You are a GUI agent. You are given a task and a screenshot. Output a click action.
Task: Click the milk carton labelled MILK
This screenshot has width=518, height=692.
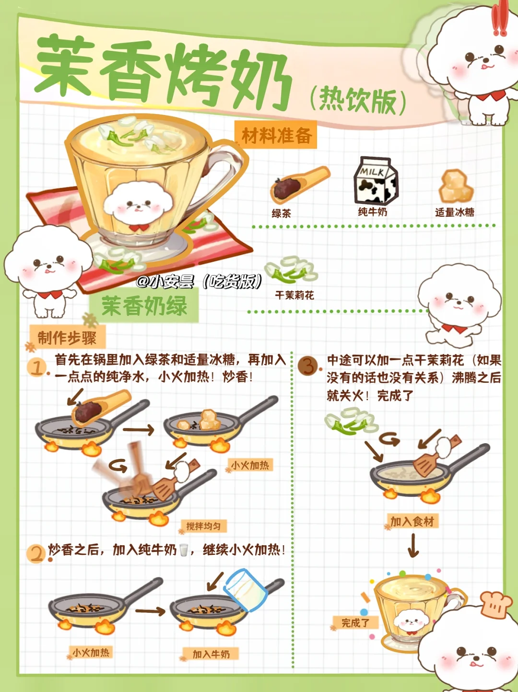(x=376, y=181)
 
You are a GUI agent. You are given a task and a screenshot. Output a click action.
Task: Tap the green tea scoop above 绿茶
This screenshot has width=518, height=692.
(x=299, y=185)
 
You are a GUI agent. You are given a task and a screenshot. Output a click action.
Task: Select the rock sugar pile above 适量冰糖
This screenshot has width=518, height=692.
(x=456, y=186)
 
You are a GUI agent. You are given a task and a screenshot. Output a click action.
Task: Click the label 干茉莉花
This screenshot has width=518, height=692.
(x=294, y=295)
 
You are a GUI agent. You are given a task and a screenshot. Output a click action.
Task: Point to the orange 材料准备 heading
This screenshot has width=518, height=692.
(x=276, y=135)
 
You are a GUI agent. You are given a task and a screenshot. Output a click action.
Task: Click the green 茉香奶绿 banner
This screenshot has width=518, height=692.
(x=144, y=305)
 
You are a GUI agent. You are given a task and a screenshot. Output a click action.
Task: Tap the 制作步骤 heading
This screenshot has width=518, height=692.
(x=67, y=338)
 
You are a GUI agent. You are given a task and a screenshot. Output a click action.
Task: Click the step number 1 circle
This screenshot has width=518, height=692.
(x=37, y=368)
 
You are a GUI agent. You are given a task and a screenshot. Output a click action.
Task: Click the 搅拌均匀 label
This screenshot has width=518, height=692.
(x=204, y=526)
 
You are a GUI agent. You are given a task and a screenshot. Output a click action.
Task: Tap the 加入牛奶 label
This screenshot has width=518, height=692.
(x=211, y=654)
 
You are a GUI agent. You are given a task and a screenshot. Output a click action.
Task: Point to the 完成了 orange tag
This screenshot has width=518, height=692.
(x=355, y=622)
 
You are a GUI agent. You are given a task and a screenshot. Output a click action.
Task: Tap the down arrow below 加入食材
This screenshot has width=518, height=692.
(x=413, y=545)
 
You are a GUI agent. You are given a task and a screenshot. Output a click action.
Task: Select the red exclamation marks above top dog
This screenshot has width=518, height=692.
(x=499, y=19)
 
